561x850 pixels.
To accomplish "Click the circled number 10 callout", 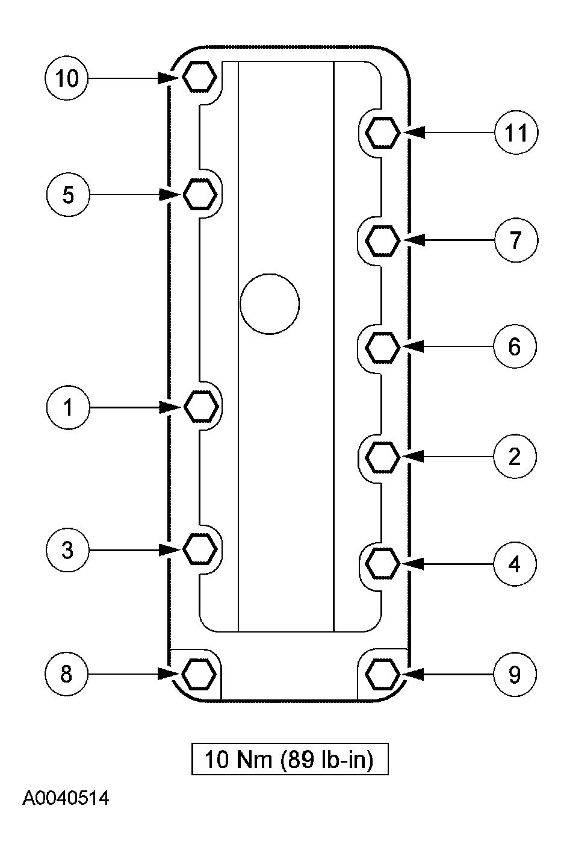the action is (66, 78).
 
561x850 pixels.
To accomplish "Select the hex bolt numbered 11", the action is (382, 133).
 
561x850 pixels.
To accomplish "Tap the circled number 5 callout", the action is (68, 195).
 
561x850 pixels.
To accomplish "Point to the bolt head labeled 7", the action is (382, 240).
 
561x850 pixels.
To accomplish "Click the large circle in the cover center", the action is (270, 304).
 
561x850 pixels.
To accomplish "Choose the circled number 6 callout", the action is (515, 346).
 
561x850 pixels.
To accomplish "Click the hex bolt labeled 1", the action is (201, 407).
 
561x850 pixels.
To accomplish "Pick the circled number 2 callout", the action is (515, 457).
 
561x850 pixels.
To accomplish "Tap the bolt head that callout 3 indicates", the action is (200, 549).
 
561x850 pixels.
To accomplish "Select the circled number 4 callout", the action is (515, 564).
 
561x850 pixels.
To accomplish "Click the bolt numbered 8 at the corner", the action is (199, 674).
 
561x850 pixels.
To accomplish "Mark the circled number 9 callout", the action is (515, 674).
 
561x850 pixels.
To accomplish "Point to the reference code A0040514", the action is (66, 798).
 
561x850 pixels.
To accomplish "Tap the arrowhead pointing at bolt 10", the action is (169, 78).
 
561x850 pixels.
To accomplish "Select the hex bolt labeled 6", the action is (382, 347).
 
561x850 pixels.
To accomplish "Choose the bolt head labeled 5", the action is (200, 195).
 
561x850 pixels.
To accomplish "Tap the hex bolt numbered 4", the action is (382, 563).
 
